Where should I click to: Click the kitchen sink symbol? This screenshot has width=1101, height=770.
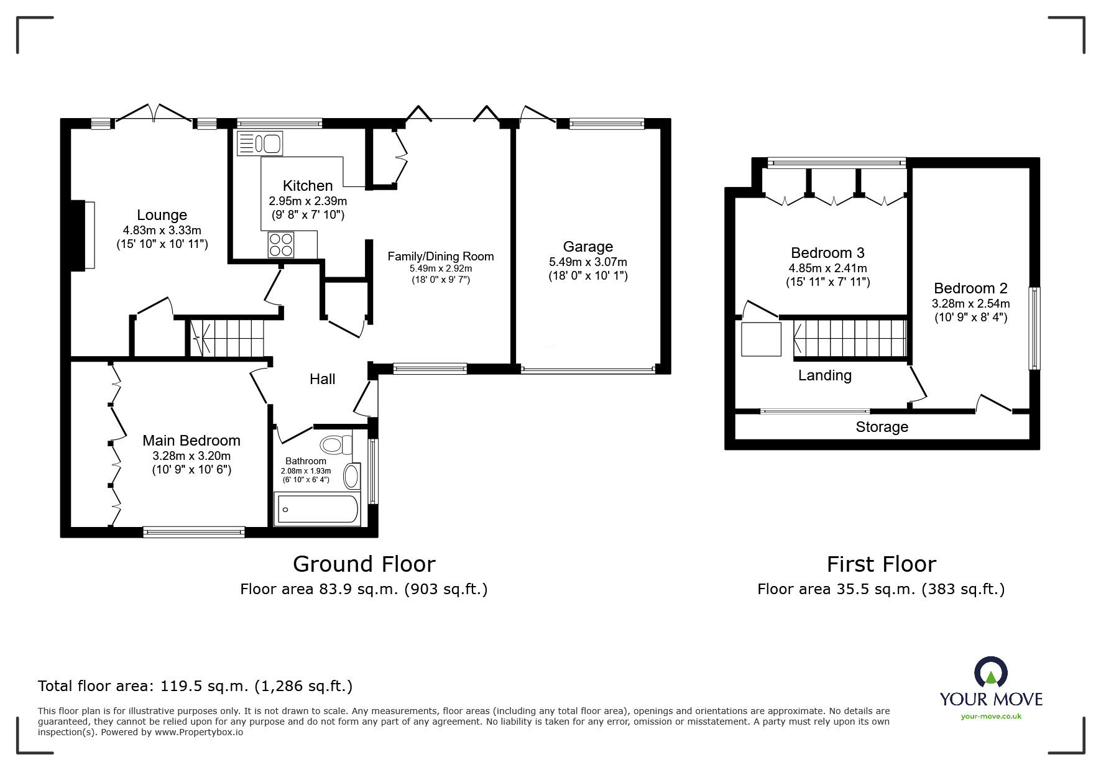tap(260, 144)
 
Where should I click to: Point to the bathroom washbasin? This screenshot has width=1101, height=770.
tap(352, 477)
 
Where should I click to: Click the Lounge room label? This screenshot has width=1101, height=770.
tap(162, 215)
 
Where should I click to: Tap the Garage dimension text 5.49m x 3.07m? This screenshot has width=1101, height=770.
tap(587, 262)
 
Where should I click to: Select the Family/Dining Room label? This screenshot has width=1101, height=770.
tap(440, 256)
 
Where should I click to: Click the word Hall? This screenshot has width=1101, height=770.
tap(322, 379)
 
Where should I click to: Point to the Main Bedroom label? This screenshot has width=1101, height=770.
tap(191, 441)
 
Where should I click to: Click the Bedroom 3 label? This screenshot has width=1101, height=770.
tap(827, 253)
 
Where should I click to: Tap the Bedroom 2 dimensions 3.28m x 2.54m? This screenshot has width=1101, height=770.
tap(970, 304)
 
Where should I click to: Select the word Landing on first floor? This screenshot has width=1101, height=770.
tap(825, 375)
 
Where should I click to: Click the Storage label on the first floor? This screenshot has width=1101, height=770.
tap(882, 427)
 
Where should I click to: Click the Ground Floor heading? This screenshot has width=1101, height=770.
tap(364, 564)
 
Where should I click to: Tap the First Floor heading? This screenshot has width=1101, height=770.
tap(881, 564)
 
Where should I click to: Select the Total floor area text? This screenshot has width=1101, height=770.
tap(195, 686)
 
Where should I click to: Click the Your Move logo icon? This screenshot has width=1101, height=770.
tap(990, 673)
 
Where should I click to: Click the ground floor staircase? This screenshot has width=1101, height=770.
tap(226, 338)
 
